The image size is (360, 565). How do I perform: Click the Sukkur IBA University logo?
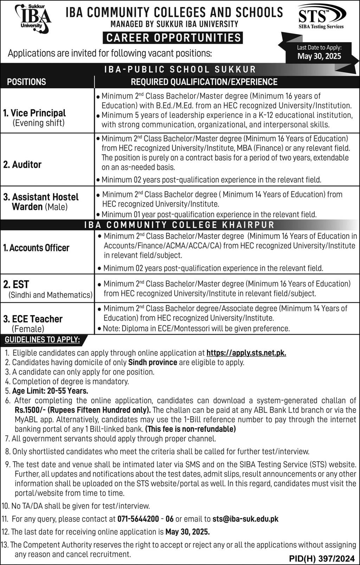point(32,19)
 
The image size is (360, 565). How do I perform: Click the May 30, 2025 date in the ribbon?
point(319,56)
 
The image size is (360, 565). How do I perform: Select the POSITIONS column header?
point(27,82)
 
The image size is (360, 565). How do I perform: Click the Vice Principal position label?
point(34,113)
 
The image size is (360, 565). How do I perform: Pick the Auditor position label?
point(22,164)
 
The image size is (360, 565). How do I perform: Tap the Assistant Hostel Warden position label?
point(41,202)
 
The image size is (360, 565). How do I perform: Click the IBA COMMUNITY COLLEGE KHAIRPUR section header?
point(179,225)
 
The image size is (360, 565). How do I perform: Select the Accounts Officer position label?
point(36,248)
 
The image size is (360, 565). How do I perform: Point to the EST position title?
point(21,284)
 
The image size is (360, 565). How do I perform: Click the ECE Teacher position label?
point(33,319)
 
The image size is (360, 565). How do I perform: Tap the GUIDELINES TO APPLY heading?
point(42,339)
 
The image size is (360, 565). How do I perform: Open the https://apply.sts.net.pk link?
point(246,353)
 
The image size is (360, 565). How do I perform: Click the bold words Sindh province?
point(153,362)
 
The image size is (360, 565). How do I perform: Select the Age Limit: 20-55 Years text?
point(50,391)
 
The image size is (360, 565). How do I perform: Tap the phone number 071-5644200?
point(138,519)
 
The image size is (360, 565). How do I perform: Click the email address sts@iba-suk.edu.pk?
point(245,519)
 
